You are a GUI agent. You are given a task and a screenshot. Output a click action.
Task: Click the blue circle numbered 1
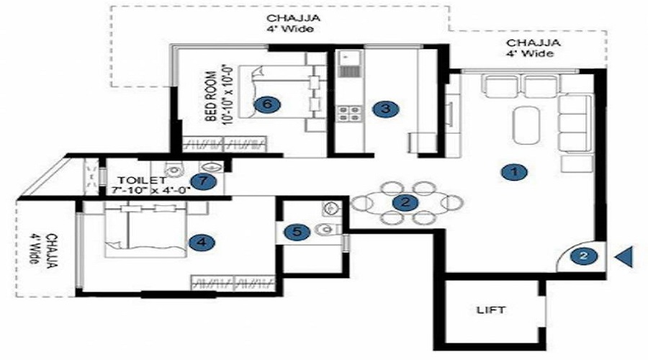tap(513, 171)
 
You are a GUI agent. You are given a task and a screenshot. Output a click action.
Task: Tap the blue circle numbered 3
tap(385, 109)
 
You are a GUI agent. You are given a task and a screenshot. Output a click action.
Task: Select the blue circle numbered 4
tap(202, 242)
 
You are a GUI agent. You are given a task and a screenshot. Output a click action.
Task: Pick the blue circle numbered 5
tap(297, 232)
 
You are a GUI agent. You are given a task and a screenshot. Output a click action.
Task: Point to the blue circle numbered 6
tap(267, 104)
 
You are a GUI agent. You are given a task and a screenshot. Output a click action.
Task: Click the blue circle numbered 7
tap(203, 181)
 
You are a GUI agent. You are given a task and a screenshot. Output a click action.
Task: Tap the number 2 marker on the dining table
tap(405, 202)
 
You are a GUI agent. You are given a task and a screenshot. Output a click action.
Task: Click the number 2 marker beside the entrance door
tap(583, 256)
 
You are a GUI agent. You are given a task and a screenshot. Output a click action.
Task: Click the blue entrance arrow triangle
tap(624, 256)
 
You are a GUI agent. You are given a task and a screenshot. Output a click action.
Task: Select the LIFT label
tap(490, 310)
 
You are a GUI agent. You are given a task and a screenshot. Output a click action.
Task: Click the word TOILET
tap(142, 181)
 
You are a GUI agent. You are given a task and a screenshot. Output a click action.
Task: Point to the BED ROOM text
tap(211, 96)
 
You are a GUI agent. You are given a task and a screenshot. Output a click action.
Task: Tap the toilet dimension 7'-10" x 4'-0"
tap(151, 191)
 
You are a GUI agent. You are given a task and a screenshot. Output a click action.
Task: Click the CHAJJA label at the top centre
tap(294, 18)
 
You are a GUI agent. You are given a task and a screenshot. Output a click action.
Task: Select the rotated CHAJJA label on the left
tap(52, 251)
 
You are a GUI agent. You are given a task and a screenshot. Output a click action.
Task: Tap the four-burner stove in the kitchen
tap(349, 114)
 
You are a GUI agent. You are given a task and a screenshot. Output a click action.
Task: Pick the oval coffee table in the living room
tap(526, 125)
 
